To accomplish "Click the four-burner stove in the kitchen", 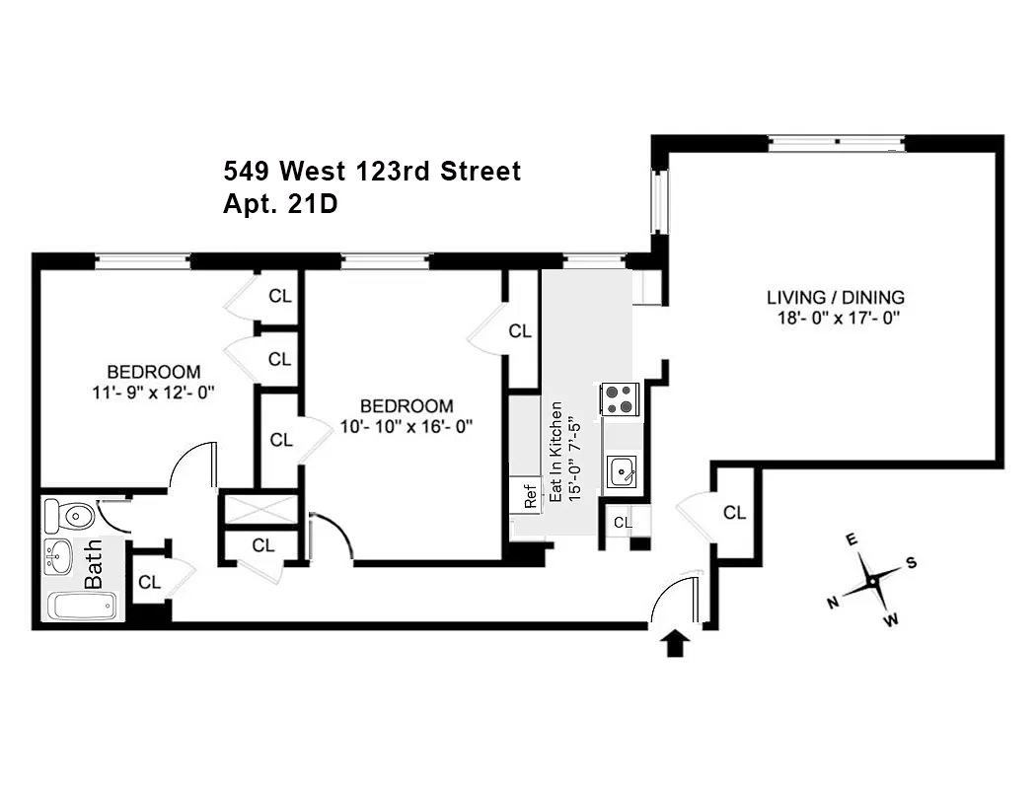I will (620, 399).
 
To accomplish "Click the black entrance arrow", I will (675, 644).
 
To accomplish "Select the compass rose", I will (873, 581).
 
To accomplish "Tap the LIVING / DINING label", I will (835, 297).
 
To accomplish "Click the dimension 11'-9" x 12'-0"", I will (153, 392).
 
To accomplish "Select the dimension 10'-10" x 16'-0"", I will (407, 426).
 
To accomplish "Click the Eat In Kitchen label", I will (557, 452).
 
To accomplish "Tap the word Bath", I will (93, 568).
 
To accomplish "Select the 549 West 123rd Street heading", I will (372, 172).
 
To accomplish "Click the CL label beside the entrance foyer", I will (734, 512).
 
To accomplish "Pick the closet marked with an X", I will (260, 509).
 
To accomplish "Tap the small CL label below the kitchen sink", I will (622, 523).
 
